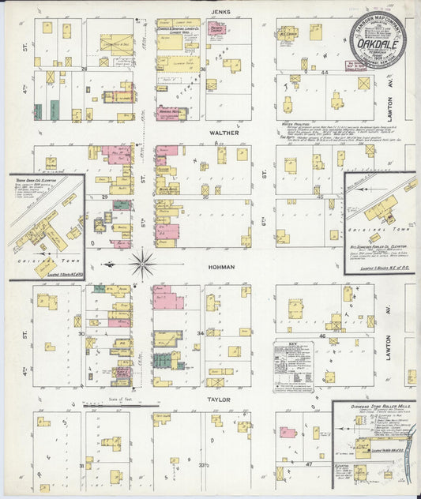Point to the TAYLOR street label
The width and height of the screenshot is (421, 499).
(x=219, y=400)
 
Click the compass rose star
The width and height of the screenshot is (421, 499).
(x=143, y=262)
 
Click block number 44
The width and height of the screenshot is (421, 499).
(x=325, y=71)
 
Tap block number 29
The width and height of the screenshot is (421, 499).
(x=104, y=195)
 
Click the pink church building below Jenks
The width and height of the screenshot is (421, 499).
(x=216, y=28)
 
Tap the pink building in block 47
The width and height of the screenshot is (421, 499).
(x=288, y=433)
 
